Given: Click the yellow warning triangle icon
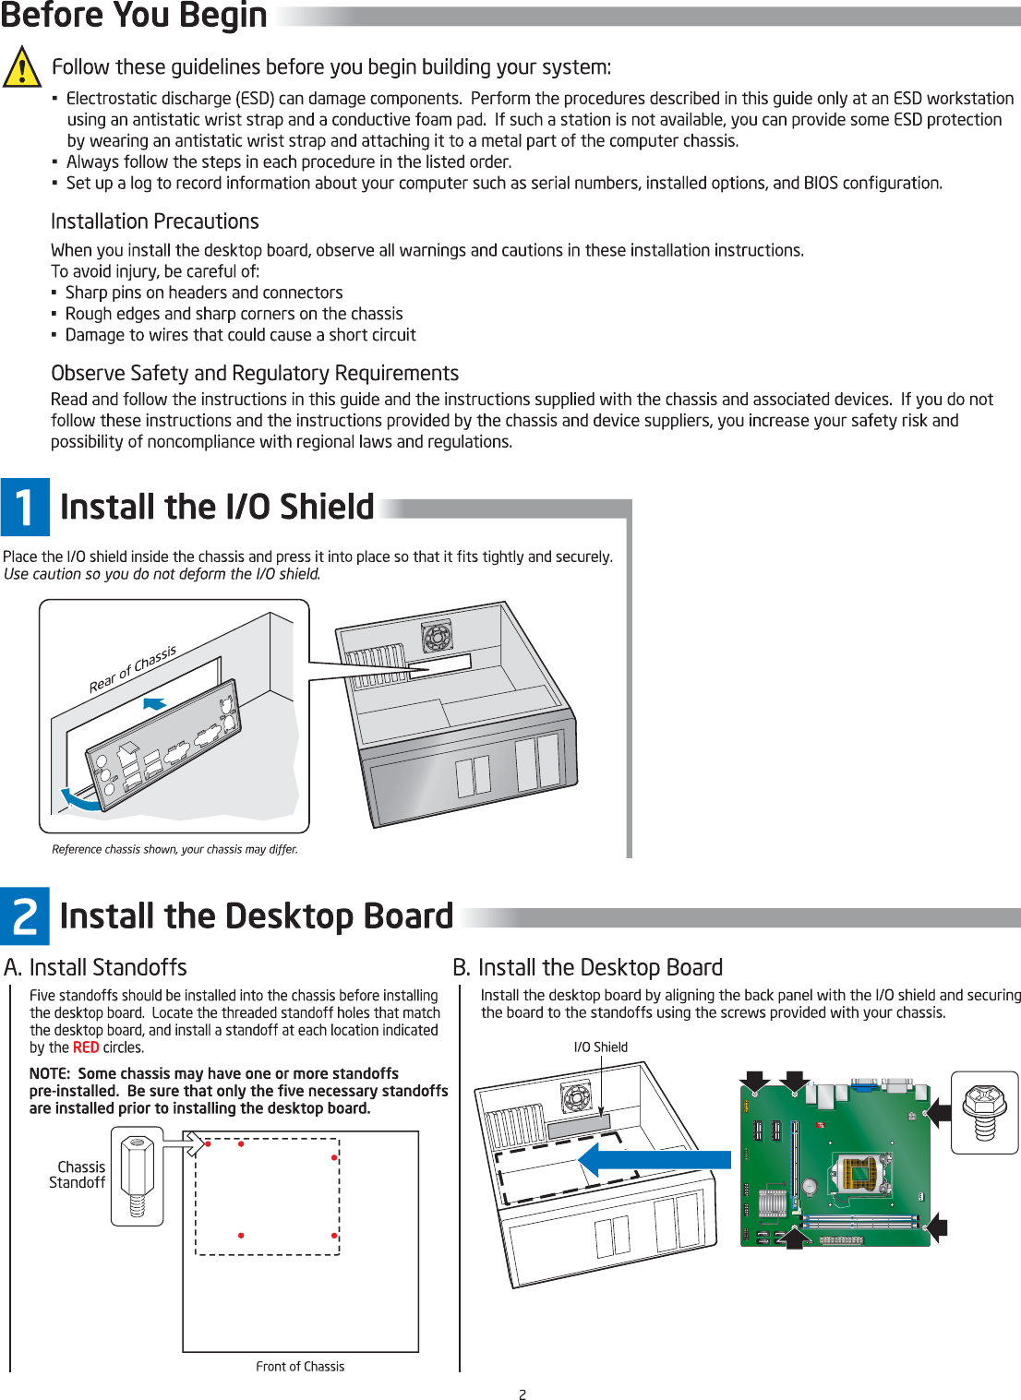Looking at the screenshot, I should [x=21, y=67].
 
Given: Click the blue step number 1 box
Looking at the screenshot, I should [x=25, y=507].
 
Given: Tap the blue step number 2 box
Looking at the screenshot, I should [x=25, y=915].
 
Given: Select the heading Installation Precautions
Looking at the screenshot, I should [x=154, y=221].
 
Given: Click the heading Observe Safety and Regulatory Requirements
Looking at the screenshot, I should [x=255, y=373].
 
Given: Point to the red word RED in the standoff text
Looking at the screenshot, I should [x=86, y=1047].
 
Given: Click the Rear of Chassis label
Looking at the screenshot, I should [x=132, y=669].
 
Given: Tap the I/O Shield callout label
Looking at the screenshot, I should [x=600, y=1047].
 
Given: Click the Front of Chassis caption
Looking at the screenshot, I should [x=300, y=1367].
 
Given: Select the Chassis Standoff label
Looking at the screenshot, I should [x=78, y=1175].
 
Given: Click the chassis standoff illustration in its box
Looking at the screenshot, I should [x=137, y=1179].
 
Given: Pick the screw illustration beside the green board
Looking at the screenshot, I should [x=984, y=1112].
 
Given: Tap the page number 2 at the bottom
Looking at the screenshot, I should [x=523, y=1394].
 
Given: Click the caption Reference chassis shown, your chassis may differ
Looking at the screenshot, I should [x=174, y=849].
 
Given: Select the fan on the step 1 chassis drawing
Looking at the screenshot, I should [x=437, y=636].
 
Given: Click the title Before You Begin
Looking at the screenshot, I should [x=134, y=16].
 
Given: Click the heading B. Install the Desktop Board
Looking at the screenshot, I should [x=587, y=967].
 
